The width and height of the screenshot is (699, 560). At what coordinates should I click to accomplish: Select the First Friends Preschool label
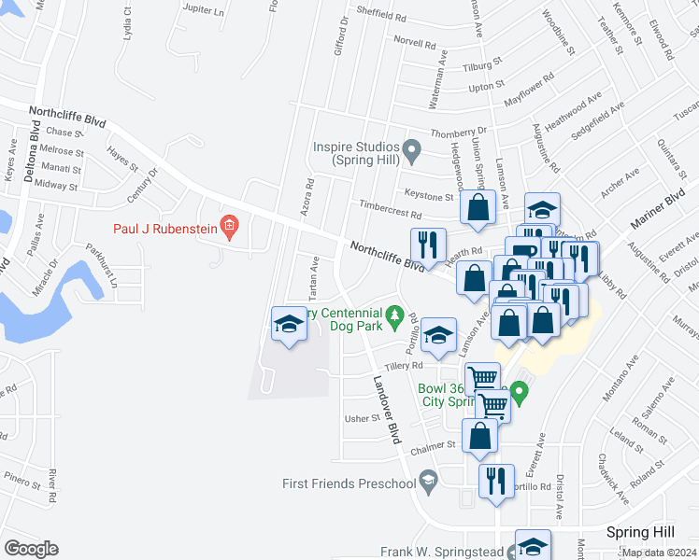[x=349, y=483]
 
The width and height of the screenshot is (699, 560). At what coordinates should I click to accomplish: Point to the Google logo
[x=32, y=549]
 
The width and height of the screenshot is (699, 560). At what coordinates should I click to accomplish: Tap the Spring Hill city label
[x=640, y=532]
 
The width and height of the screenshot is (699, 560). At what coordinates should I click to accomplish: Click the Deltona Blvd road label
[x=32, y=154]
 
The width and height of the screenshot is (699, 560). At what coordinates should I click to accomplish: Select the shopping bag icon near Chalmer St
[x=479, y=436]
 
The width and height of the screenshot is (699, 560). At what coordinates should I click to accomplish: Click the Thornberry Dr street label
[x=459, y=132]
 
